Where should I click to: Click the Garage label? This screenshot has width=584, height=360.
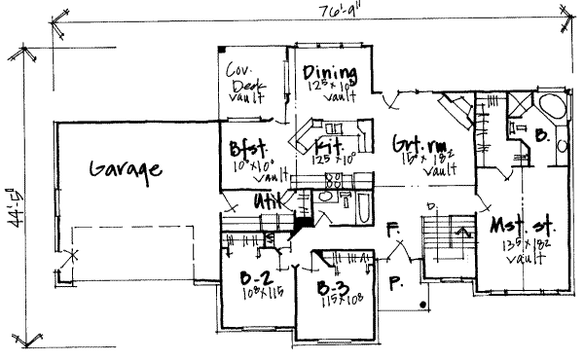126,169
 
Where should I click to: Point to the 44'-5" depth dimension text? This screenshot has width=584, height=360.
12,203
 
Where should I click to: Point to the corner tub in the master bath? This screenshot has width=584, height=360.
550,108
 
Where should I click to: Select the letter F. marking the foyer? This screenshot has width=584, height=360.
392,231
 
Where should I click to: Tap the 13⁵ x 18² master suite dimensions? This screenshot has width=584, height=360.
518,246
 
